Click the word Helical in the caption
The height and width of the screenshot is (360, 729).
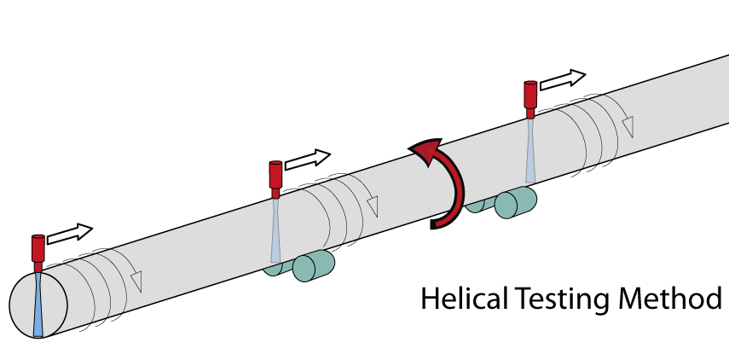[x=463, y=299]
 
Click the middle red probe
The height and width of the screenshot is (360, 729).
[x=275, y=179]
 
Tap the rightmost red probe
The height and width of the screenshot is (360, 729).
[x=530, y=100]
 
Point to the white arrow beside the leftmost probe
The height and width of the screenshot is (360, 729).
[x=70, y=234]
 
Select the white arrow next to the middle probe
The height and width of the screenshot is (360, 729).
[x=307, y=159]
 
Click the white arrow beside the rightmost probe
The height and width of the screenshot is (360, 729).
[x=563, y=79]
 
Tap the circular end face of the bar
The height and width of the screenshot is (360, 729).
[x=38, y=305]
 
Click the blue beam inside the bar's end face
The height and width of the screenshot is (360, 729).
[x=38, y=305]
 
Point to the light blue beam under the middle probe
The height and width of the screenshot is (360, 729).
[x=275, y=230]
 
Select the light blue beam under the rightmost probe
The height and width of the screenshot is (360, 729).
[x=530, y=150]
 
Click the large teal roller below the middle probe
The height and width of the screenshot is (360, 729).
[x=314, y=265]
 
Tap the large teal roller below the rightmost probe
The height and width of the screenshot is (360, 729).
[x=516, y=202]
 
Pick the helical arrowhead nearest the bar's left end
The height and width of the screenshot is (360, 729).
[x=136, y=282]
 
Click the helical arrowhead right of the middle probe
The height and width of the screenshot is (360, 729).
[x=373, y=206]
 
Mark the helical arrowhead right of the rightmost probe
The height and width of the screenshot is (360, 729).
[x=628, y=127]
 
